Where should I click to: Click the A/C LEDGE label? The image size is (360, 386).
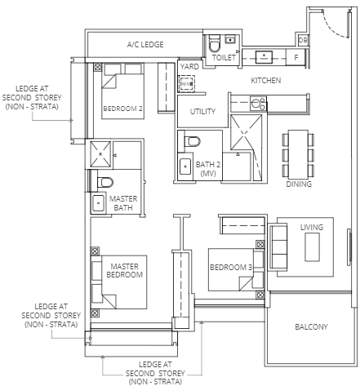point(145,44)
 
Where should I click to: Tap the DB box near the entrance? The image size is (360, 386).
point(303,40)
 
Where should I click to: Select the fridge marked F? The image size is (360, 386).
point(296,57)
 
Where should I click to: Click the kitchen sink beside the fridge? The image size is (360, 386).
point(264,57)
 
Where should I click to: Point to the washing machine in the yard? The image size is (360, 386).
point(186,84)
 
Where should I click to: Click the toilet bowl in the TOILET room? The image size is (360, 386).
point(214,43)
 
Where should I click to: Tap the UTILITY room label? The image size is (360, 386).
point(202,111)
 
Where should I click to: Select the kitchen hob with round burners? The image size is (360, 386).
point(258,104)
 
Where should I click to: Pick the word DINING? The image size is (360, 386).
point(299,184)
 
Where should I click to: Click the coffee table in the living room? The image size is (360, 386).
point(312,247)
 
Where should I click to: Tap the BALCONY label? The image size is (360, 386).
point(311,326)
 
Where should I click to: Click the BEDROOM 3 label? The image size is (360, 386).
point(231,268)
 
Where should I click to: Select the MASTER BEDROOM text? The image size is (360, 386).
point(124,270)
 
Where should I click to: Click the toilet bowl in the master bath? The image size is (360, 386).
point(104,182)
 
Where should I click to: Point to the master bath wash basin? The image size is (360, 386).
point(98,203)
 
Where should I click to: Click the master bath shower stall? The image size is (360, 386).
point(100,154)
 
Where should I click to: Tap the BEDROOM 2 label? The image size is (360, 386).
point(122,109)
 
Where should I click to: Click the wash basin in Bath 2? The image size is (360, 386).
point(185,166)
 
